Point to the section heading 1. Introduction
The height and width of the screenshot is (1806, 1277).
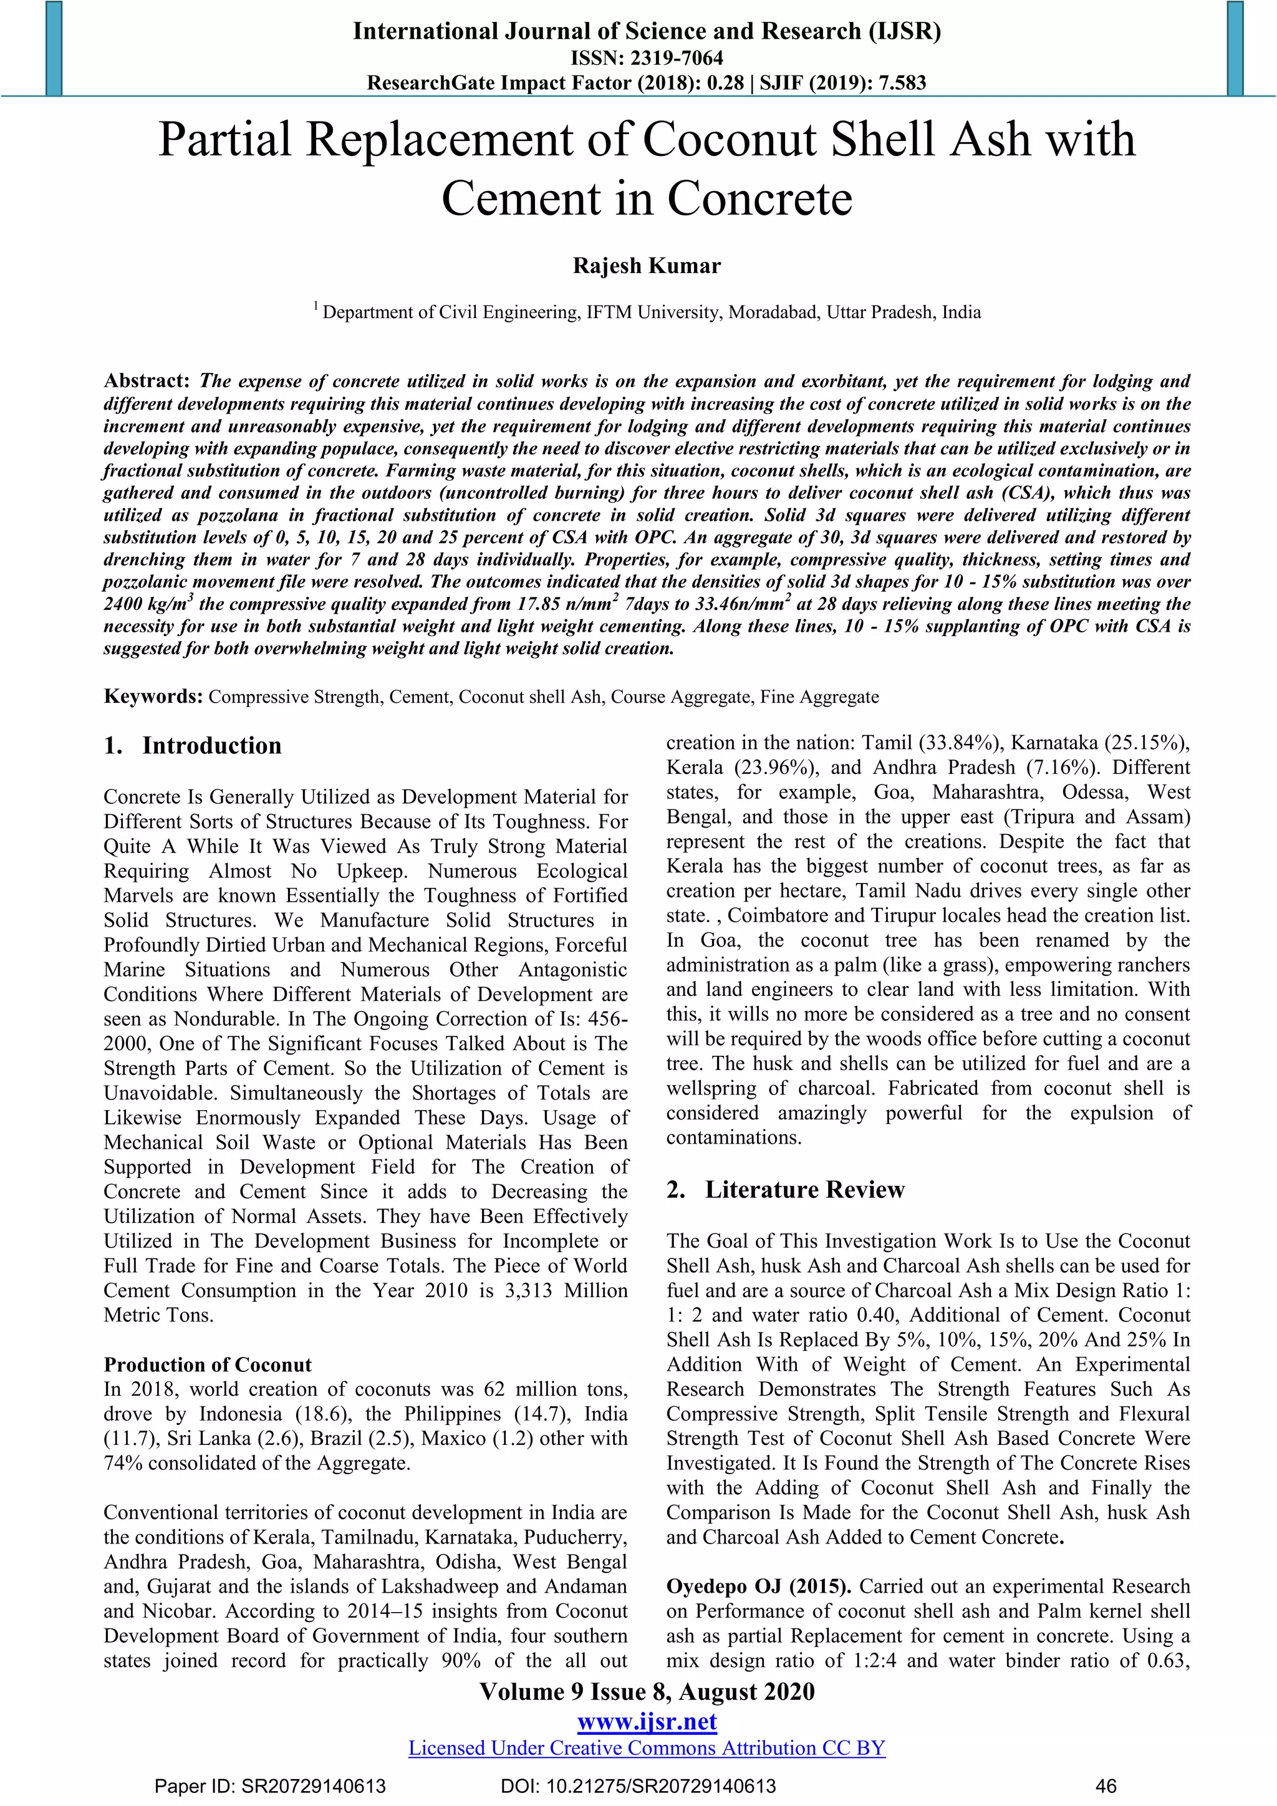coord(193,746)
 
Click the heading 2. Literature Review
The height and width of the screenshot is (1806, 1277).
coord(786,1189)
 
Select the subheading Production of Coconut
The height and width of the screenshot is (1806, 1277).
coord(208,1364)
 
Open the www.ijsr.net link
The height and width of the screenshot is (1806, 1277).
coord(647,1722)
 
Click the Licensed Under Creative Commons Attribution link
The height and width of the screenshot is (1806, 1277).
coord(647,1748)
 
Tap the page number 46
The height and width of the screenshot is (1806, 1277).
coord(1106,1786)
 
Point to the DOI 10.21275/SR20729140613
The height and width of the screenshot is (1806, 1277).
coord(638,1786)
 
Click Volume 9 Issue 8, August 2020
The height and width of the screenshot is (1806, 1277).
coord(647,1692)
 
